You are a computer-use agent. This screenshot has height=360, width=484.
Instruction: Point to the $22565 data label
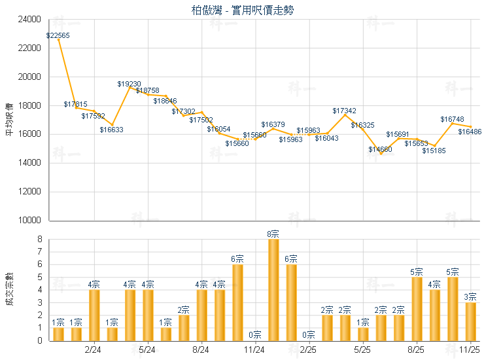58,34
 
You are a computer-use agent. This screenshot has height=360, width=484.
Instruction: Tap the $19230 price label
129,84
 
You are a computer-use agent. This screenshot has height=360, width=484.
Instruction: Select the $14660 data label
380,149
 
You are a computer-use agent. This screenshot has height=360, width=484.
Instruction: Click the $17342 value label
345,111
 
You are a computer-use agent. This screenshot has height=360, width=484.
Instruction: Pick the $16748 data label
452,119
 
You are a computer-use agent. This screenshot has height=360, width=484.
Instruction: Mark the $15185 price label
434,151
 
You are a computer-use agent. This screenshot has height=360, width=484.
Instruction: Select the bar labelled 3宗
470,321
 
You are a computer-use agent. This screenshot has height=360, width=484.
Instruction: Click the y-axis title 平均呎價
9,119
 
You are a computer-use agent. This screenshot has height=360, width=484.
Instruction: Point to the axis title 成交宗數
9,289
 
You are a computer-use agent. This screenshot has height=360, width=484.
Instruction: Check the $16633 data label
111,130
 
